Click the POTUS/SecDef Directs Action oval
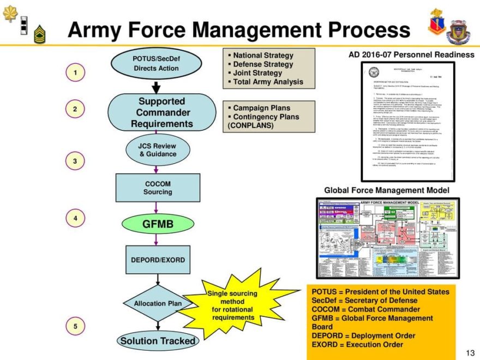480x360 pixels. pos(156,64)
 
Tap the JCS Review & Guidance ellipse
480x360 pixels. pos(158,150)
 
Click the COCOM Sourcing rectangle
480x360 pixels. pos(158,188)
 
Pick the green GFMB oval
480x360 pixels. pos(157,224)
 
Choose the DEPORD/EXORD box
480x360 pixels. pos(158,260)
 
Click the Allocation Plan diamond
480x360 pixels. pos(158,303)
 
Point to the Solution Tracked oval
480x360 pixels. pos(157,341)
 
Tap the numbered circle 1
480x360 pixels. pos(76,71)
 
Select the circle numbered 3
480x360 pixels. pos(76,161)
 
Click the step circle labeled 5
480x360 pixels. pos(76,326)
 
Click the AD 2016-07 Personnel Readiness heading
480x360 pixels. pos(411,55)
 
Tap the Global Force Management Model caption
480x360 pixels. pos(387,190)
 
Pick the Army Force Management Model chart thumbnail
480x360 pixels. pos(387,238)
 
